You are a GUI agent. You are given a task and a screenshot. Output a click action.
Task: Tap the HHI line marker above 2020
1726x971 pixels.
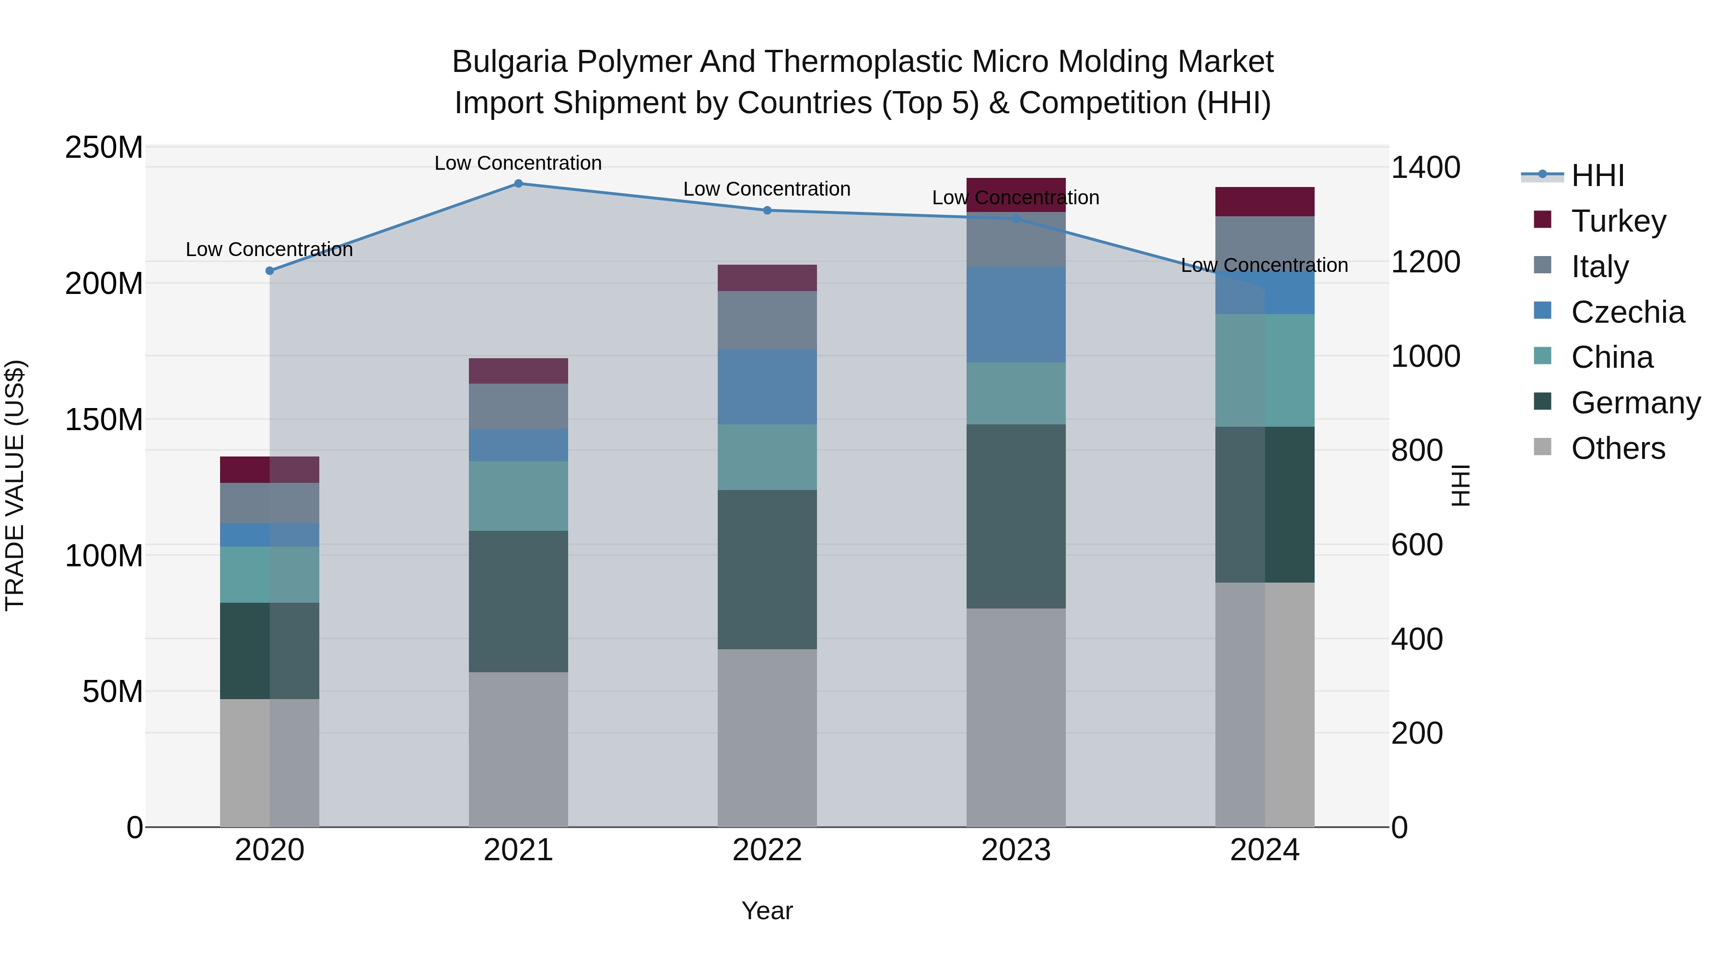[269, 271]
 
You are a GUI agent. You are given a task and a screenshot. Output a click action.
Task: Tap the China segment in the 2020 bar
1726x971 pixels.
[269, 574]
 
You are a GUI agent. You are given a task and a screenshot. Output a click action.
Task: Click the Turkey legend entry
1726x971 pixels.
[1618, 221]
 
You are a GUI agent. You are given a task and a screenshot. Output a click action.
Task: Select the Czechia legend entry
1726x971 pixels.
[1627, 312]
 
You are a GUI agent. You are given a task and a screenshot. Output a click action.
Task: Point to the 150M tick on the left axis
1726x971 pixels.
[104, 420]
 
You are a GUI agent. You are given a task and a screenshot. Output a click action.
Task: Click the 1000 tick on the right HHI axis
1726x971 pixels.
[1425, 356]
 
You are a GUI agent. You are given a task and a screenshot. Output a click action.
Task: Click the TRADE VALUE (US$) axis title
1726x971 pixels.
[15, 485]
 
